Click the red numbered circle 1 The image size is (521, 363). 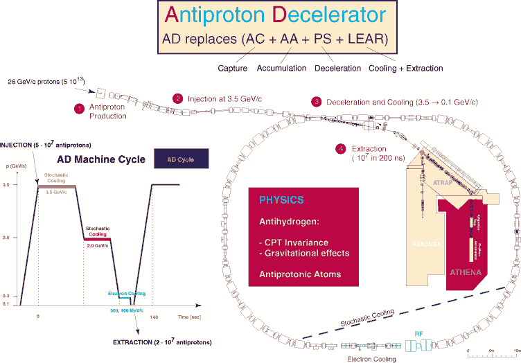pyautogui.click(x=80, y=108)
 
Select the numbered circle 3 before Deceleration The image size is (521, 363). pyautogui.click(x=317, y=101)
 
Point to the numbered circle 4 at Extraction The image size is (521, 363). pyautogui.click(x=339, y=148)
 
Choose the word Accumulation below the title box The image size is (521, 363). pyautogui.click(x=281, y=68)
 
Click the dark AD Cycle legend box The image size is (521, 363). pyautogui.click(x=183, y=159)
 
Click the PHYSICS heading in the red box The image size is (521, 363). pyautogui.click(x=281, y=200)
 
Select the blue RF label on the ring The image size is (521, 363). pyautogui.click(x=418, y=333)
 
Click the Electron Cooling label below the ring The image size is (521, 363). pyautogui.click(x=372, y=359)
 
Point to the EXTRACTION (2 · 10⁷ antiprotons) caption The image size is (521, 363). pyautogui.click(x=162, y=343)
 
